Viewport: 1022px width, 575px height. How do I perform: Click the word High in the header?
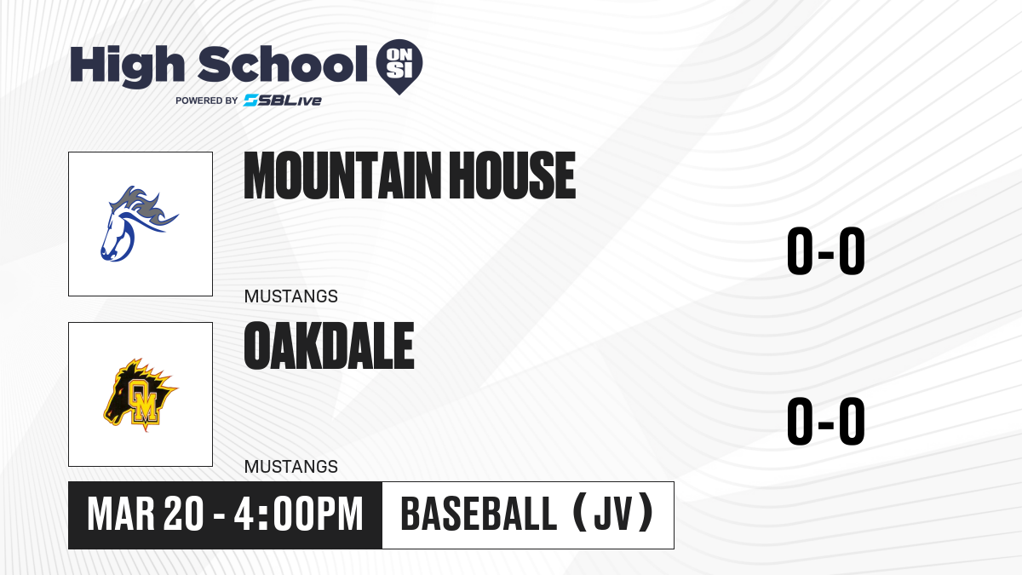coord(127,66)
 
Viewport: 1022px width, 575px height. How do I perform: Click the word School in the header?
coord(283,65)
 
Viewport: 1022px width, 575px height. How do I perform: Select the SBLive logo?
coord(283,100)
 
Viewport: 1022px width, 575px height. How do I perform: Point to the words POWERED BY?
coord(207,101)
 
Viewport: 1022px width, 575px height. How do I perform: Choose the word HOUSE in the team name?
coord(513,175)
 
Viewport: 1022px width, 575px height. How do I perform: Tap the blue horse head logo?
coord(138,223)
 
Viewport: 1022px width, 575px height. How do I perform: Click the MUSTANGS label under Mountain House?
coord(291,296)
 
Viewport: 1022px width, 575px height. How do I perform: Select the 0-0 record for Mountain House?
coord(826,250)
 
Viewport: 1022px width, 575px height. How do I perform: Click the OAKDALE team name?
coord(329,346)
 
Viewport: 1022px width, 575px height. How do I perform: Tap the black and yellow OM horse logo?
coord(140,394)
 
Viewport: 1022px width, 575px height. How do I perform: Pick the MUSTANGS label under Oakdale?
coord(291,467)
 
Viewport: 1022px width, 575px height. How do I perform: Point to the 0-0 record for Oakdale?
coord(826,421)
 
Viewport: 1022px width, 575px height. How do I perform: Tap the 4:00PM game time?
coord(298,515)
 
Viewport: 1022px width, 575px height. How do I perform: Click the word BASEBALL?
coord(479,514)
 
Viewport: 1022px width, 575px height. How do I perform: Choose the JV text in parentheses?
coord(614,514)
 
